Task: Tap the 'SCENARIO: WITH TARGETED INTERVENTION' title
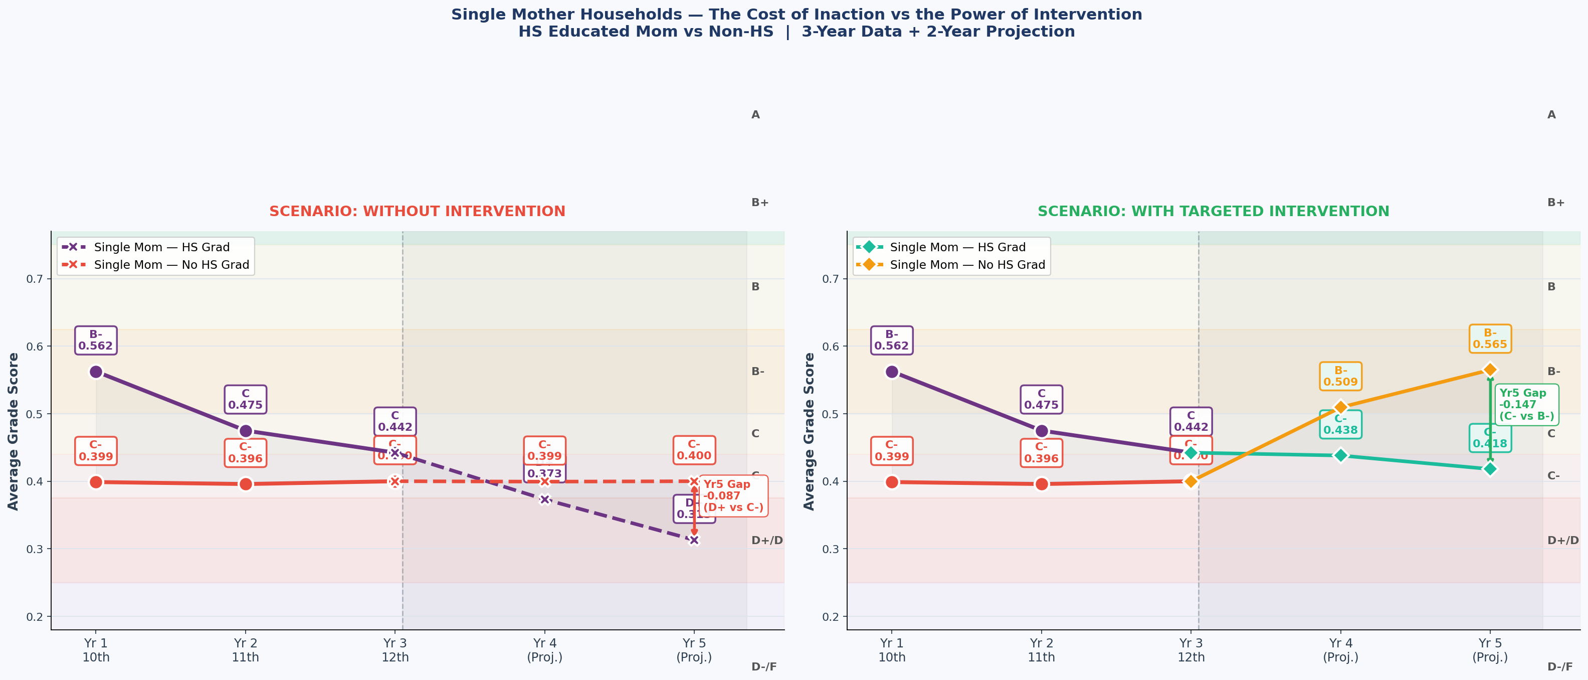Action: point(1213,212)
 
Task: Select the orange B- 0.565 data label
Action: point(1489,338)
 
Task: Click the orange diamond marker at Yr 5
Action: point(1489,370)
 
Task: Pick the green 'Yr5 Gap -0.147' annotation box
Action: point(1526,404)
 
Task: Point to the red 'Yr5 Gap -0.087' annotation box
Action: point(733,495)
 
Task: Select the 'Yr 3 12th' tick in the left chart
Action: point(394,650)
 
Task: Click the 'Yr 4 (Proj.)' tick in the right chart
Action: point(1340,650)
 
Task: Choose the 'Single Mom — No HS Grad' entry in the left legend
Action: point(171,264)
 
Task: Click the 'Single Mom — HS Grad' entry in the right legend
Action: point(957,247)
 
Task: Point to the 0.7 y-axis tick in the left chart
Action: point(35,279)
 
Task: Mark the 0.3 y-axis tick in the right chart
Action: point(831,549)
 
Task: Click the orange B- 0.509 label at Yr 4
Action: point(1340,376)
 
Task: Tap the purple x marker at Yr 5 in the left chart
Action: point(694,540)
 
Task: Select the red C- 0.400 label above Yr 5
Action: point(694,450)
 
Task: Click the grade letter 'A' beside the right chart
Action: point(1551,115)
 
